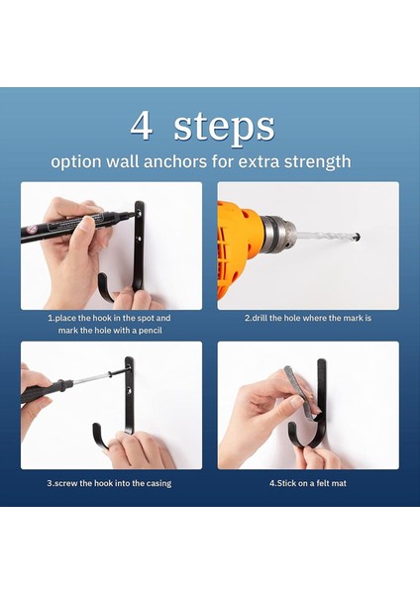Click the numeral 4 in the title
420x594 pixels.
point(142,126)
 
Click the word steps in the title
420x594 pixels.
point(224,127)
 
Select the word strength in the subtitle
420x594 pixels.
point(315,160)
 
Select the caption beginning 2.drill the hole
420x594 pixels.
point(308,318)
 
